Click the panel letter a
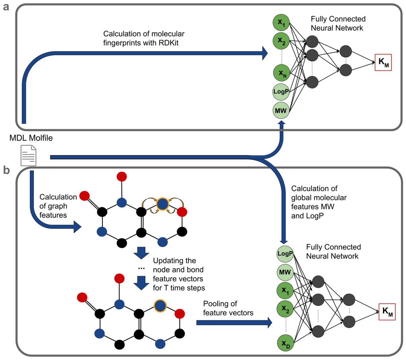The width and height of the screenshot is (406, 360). (6, 7)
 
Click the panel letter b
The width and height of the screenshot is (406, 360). (7, 170)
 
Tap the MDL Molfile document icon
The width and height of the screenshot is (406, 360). (28, 155)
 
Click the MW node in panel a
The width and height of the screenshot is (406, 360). (281, 109)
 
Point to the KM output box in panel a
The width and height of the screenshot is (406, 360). (383, 62)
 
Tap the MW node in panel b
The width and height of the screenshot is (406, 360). (285, 273)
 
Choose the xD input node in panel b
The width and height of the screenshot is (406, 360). (285, 344)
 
